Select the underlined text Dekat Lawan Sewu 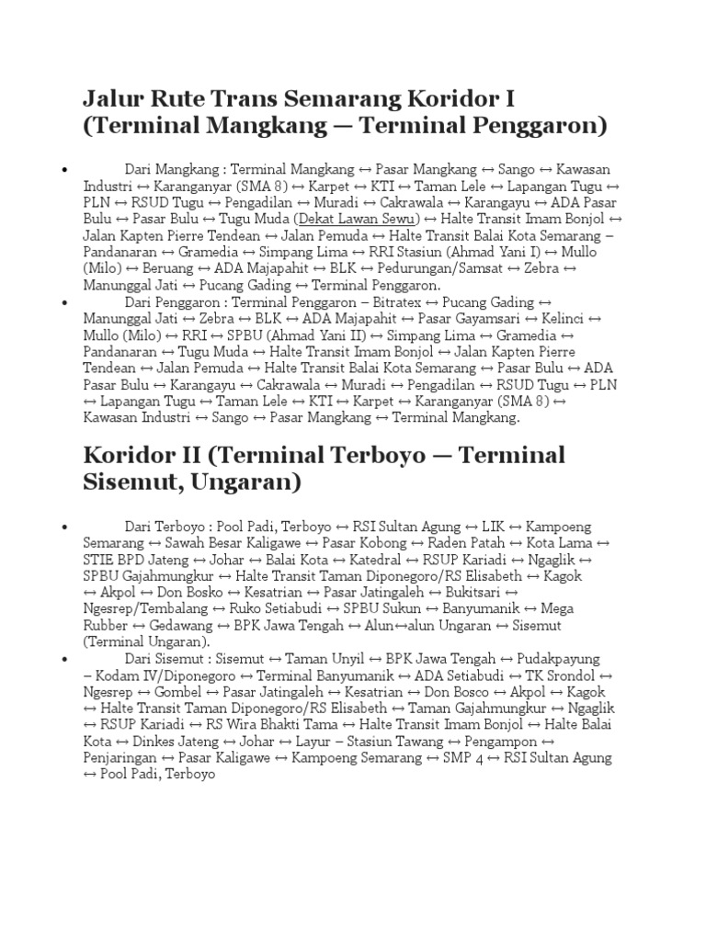coord(357,219)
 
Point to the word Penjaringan coord(120,758)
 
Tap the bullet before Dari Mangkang coord(64,170)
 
